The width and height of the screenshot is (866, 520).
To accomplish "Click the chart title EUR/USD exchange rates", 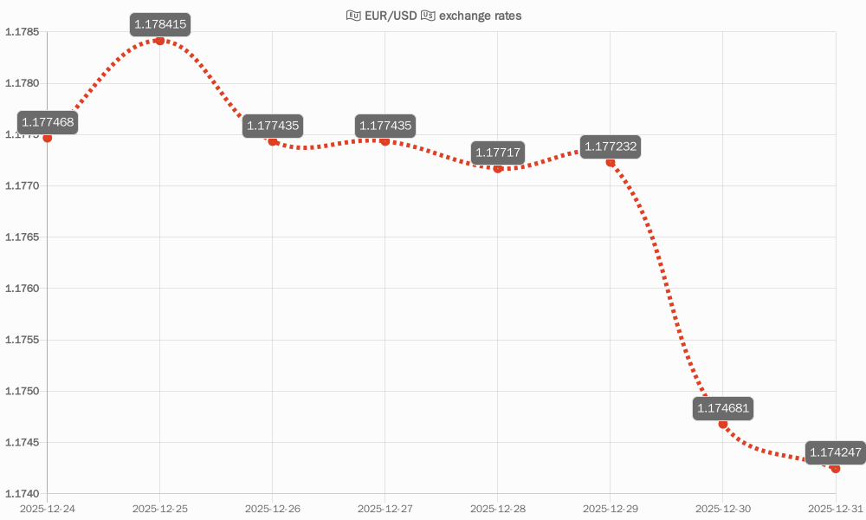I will click(x=434, y=16).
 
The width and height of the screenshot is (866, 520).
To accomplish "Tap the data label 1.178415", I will click(x=160, y=24).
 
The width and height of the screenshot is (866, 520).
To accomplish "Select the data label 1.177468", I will click(x=48, y=122).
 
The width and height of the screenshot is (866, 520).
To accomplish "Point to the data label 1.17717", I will click(x=498, y=153).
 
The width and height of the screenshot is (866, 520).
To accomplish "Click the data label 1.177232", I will click(x=611, y=146).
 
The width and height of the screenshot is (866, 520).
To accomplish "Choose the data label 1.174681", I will click(x=723, y=408).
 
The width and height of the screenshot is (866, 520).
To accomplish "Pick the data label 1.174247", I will click(x=835, y=452).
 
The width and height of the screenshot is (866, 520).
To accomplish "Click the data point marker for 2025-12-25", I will click(x=160, y=41).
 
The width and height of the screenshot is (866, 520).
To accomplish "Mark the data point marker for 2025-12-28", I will click(x=498, y=168).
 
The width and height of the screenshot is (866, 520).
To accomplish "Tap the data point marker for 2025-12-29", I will click(x=611, y=162).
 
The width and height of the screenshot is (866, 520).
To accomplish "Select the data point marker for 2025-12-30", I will click(x=723, y=424).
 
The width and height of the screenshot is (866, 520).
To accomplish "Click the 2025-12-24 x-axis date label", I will click(x=48, y=508).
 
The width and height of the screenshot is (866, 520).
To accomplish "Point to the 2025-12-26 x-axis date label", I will click(x=273, y=508).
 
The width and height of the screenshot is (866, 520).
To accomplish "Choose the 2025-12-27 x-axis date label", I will click(x=385, y=508).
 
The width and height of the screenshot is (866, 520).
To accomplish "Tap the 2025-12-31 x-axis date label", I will click(x=835, y=508).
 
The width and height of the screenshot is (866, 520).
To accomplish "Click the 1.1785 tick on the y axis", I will click(x=23, y=32).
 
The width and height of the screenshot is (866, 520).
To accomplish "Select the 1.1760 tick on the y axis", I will click(x=23, y=289).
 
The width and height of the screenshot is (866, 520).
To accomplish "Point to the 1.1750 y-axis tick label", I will click(x=23, y=391).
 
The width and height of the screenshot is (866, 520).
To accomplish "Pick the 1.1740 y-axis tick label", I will click(x=23, y=493).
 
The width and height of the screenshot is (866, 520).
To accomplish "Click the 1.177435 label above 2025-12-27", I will click(x=385, y=126).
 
